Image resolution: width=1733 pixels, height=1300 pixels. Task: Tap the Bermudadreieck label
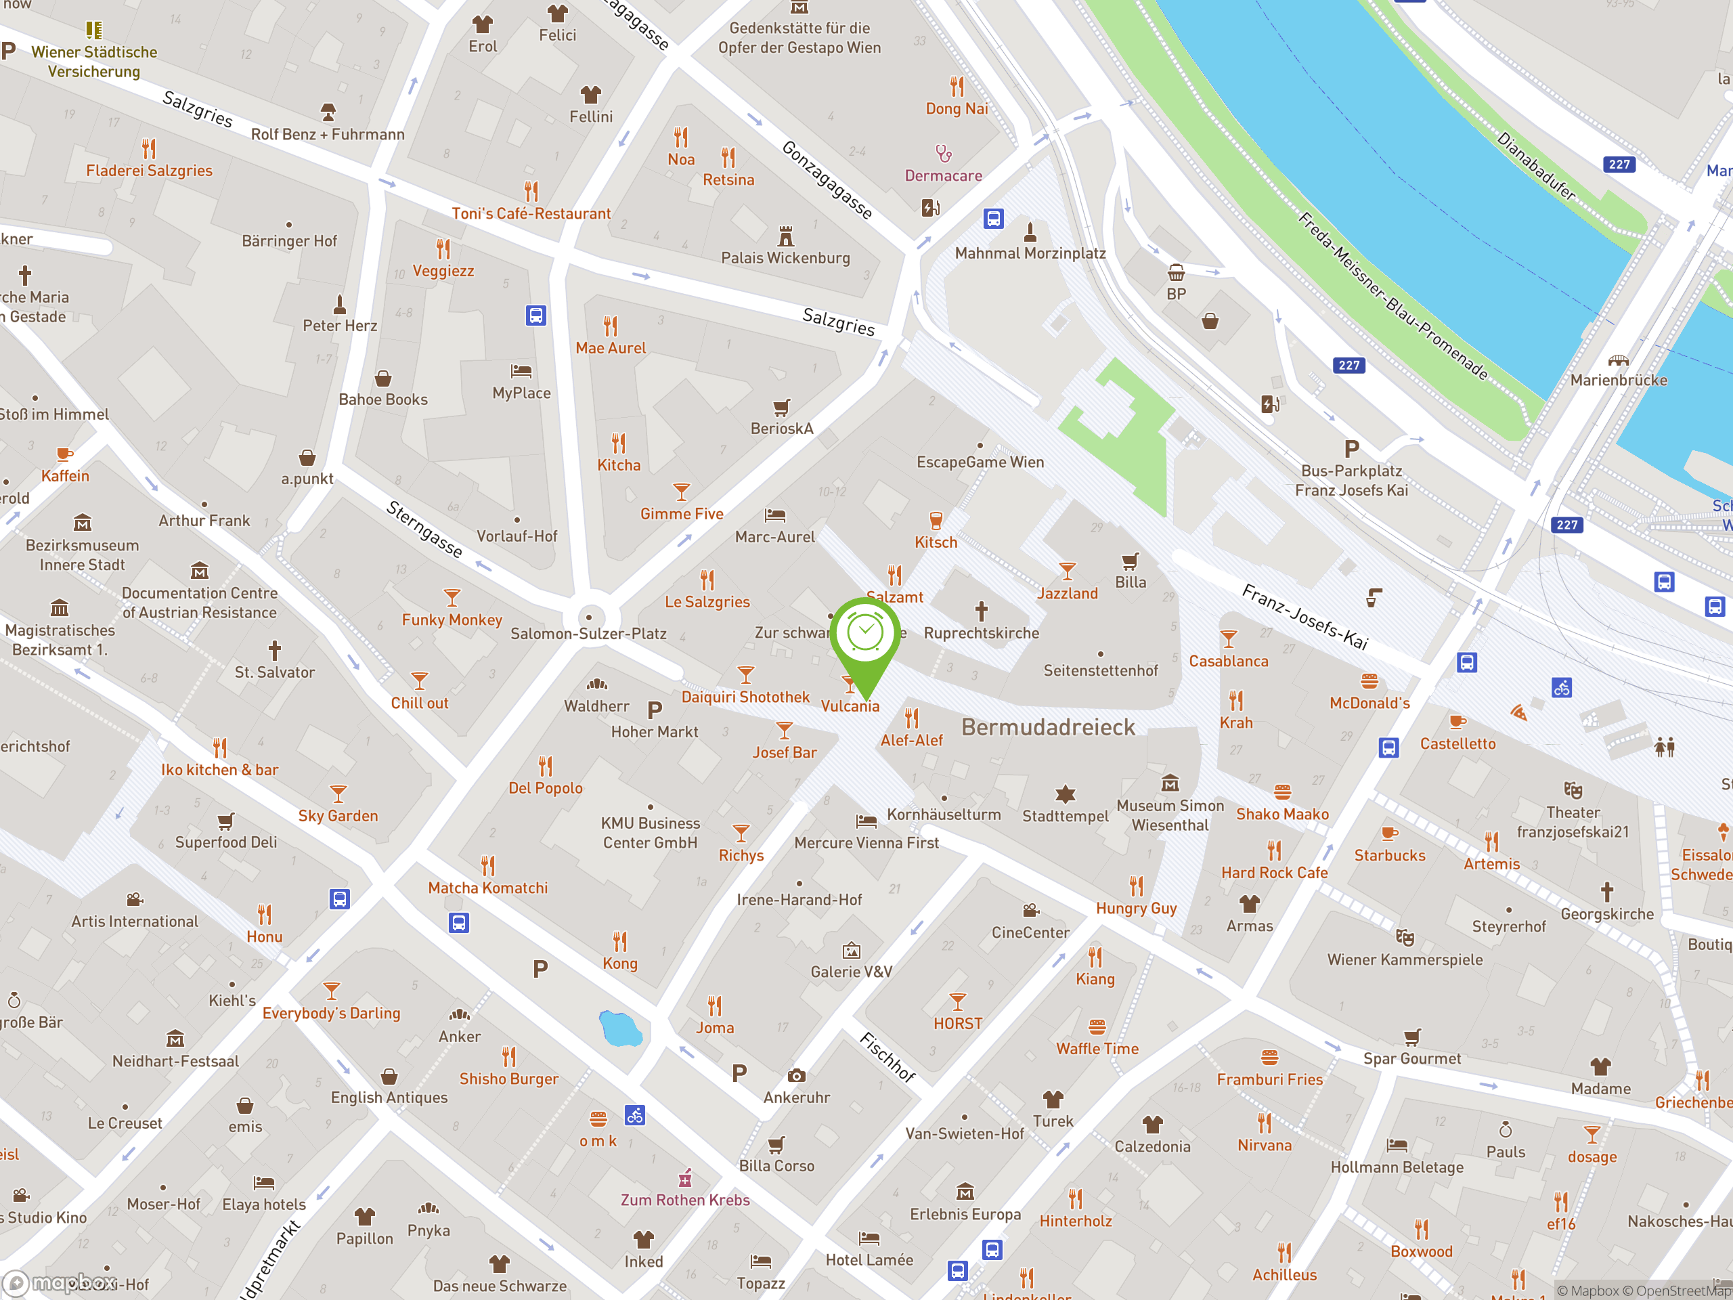1047,727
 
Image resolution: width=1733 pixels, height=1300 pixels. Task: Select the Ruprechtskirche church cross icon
981,611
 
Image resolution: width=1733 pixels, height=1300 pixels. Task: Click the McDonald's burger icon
1369,680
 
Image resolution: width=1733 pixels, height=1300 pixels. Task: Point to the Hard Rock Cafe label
1274,872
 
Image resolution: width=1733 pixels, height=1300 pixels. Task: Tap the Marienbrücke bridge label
1618,380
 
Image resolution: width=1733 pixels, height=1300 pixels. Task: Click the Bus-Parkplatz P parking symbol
1351,449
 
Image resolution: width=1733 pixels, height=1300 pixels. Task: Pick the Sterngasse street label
424,529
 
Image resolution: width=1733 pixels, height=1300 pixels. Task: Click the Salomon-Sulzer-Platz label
588,633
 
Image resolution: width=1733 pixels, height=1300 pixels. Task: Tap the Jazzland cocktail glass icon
1067,571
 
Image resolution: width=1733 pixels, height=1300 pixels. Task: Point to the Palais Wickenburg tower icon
786,235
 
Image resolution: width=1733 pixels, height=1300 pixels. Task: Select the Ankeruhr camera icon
796,1076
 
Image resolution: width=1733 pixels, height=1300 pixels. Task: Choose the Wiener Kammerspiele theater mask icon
1405,936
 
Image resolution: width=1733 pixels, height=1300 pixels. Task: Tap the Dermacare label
943,175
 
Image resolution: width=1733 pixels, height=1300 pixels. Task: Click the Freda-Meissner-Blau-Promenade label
1393,295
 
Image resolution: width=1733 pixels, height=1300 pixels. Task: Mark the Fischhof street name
887,1057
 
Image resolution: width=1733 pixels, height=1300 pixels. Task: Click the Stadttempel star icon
1065,794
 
